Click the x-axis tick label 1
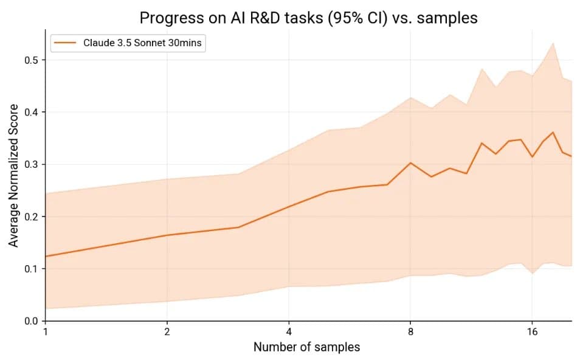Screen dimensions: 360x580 [46, 333]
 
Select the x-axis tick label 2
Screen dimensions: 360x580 [167, 333]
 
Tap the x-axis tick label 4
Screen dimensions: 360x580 [289, 333]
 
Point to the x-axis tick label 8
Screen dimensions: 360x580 [410, 333]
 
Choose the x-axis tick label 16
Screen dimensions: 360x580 [532, 333]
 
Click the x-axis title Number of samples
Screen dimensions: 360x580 [306, 347]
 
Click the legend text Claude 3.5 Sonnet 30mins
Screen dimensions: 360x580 [141, 43]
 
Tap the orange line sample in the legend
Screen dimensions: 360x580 [65, 43]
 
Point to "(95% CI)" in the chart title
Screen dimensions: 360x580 [356, 18]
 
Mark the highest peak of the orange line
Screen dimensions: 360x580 [553, 132]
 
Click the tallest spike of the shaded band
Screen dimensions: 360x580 [553, 43]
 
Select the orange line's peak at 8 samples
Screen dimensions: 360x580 [410, 162]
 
